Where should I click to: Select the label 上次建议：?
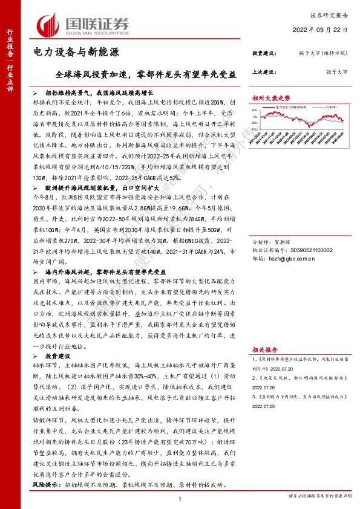click(265, 71)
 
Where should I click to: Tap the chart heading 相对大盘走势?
click(272, 97)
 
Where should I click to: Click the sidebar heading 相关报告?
click(264, 349)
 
